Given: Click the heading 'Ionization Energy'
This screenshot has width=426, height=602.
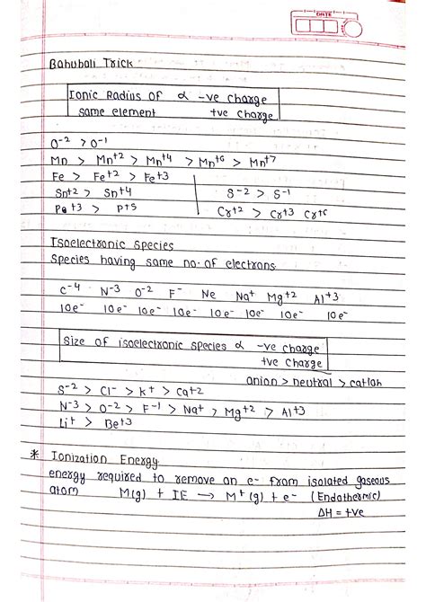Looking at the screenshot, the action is click(x=114, y=460).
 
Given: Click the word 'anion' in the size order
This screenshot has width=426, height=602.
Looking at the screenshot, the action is click(x=262, y=380).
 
